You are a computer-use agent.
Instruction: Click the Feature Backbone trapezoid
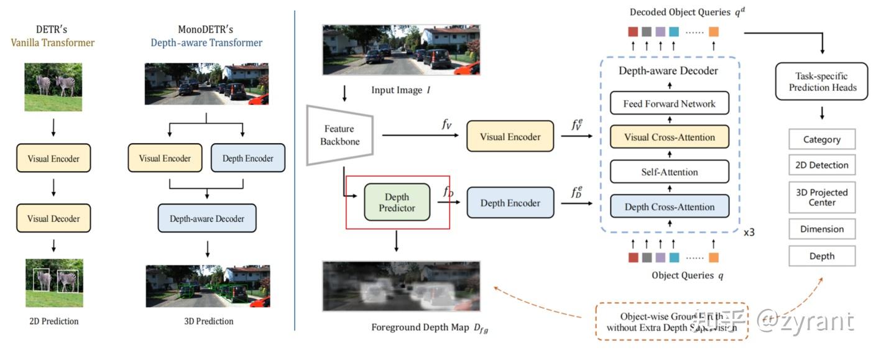[x=339, y=135]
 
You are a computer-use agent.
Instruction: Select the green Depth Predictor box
[x=397, y=202]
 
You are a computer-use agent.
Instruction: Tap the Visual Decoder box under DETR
[x=53, y=219]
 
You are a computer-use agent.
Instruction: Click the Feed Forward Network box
[x=669, y=104]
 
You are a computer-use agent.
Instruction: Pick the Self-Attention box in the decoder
[x=669, y=172]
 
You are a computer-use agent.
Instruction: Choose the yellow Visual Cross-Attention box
[x=669, y=137]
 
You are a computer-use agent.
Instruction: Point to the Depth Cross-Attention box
[x=669, y=206]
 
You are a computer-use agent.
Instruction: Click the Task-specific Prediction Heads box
[x=822, y=81]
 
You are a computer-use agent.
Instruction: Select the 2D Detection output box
[x=822, y=165]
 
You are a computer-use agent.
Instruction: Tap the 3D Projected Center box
[x=822, y=197]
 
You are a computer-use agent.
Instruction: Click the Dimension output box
[x=822, y=229]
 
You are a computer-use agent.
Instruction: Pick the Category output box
[x=822, y=140]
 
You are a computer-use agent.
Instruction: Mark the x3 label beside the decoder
[x=749, y=233]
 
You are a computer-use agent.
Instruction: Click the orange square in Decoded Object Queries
[x=713, y=32]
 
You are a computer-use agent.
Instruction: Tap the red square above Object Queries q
[x=633, y=257]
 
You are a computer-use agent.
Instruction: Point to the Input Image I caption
[x=401, y=90]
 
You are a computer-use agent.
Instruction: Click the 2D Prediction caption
[x=54, y=321]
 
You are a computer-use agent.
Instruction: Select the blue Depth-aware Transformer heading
[x=206, y=43]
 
